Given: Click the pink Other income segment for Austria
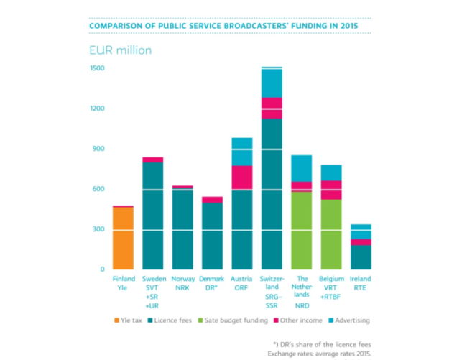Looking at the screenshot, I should pos(241,177).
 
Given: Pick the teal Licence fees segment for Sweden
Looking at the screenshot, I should pos(153,216).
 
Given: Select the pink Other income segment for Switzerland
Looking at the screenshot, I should pos(272,108).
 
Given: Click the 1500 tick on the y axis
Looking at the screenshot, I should pos(98,68).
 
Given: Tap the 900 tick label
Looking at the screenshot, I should pos(98,149).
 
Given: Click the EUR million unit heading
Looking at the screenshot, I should pos(120,50).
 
